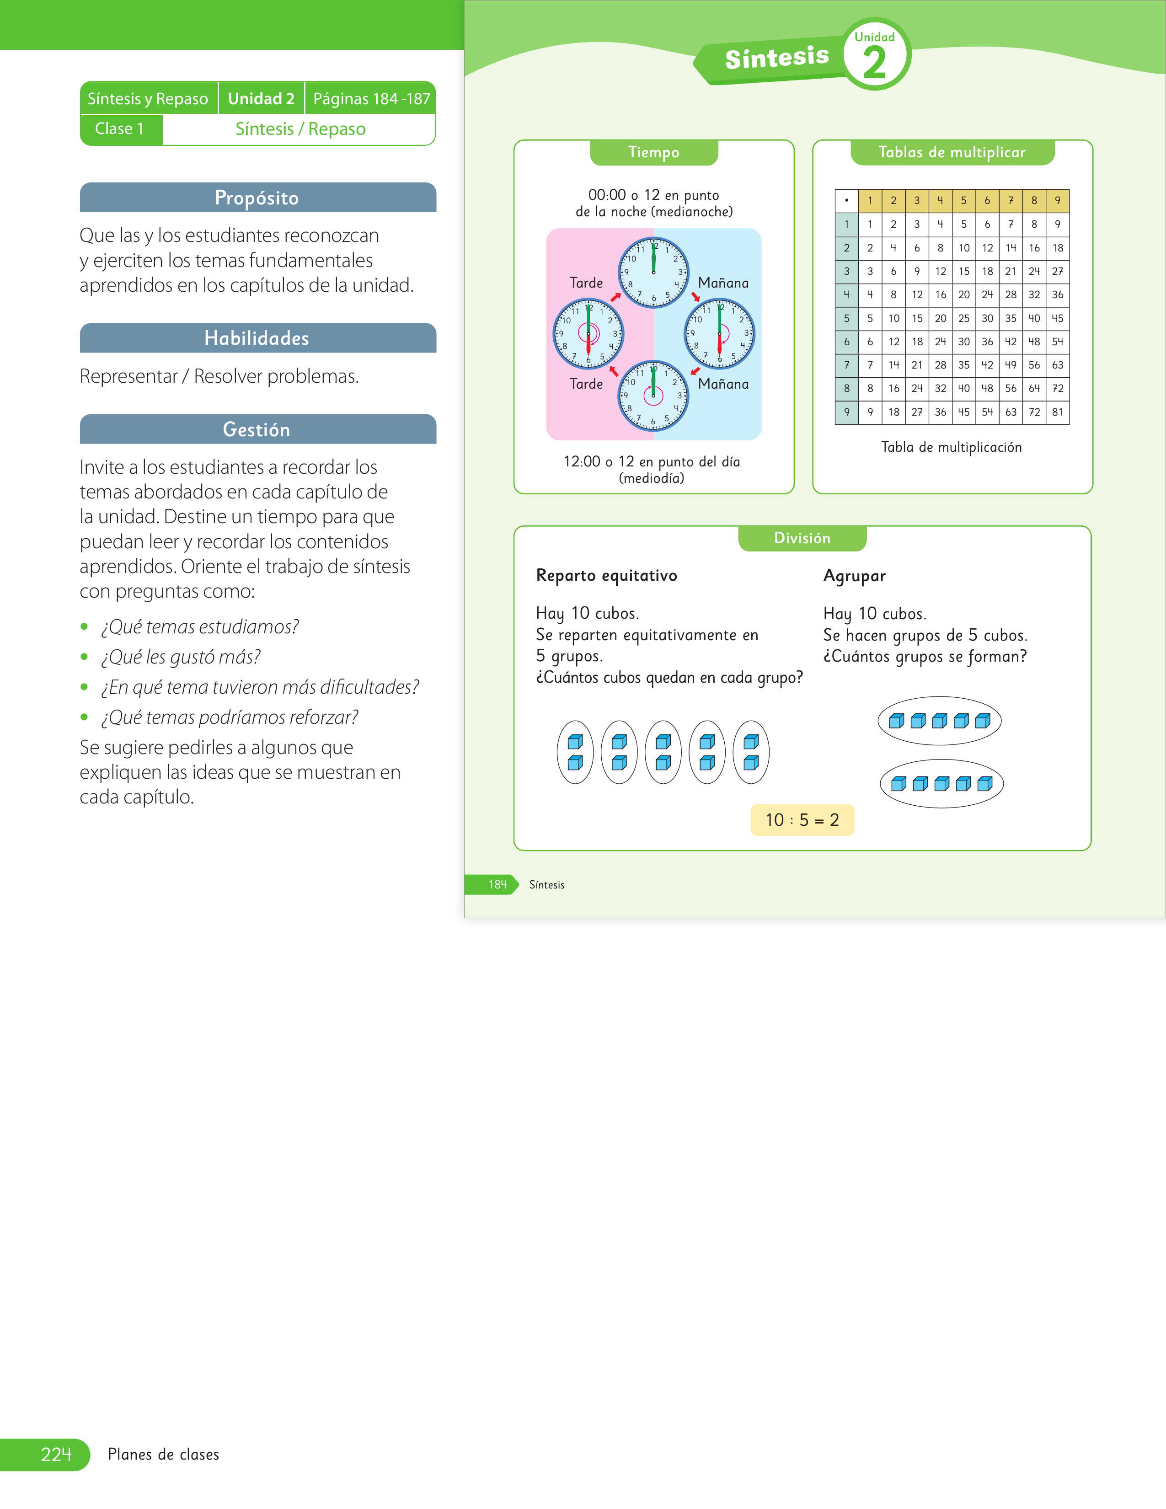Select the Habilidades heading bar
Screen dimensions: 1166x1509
tap(257, 338)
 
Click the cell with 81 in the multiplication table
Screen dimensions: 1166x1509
tap(1058, 412)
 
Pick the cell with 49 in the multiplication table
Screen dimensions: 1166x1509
tap(1011, 365)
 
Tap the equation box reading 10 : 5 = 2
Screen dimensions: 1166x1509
tap(802, 820)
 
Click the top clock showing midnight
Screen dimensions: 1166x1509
tap(653, 272)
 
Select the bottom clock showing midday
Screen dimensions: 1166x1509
tap(653, 396)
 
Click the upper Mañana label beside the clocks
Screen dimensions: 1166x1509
tap(723, 283)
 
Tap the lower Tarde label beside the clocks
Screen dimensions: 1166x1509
tap(587, 384)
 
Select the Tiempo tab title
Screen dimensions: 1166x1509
tap(653, 152)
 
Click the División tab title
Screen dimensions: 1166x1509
tap(802, 538)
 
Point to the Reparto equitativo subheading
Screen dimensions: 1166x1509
tap(606, 576)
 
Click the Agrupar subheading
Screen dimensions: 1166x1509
tap(855, 576)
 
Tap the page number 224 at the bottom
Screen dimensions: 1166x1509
tap(56, 1455)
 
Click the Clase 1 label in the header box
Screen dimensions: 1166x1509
tap(119, 129)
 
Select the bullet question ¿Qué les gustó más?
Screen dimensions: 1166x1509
tap(181, 657)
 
